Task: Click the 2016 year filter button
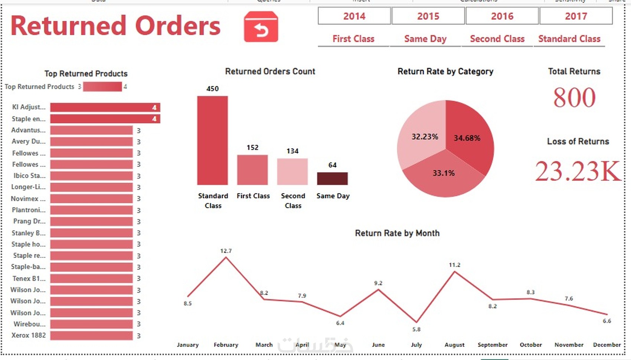coord(502,16)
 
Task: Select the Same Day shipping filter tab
coord(425,39)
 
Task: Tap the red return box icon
coord(261,27)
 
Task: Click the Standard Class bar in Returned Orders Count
coord(212,140)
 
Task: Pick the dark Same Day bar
coord(332,179)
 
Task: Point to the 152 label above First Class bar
coord(252,148)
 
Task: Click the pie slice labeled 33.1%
coord(444,178)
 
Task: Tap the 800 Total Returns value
coord(574,98)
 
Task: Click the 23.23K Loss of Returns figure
coord(578,171)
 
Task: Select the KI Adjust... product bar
coord(105,108)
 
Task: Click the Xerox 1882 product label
coord(29,336)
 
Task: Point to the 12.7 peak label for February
coord(226,251)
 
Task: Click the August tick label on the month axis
coord(454,345)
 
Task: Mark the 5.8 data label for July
coord(416,329)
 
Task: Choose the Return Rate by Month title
coord(397,233)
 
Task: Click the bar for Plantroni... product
coord(91,210)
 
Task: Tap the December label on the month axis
coord(607,345)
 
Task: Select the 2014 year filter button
coord(354,16)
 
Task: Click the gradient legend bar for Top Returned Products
coord(102,86)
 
